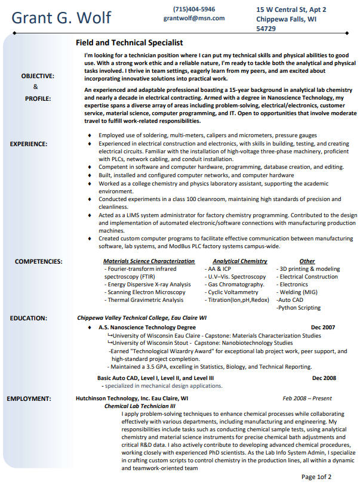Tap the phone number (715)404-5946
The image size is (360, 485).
click(194, 9)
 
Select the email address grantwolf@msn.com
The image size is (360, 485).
click(194, 18)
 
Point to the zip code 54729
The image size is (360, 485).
click(266, 28)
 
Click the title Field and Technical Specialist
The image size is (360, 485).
click(129, 43)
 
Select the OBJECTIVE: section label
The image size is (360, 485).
click(38, 76)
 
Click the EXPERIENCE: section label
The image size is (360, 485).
click(29, 144)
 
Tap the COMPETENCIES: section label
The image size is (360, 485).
click(38, 261)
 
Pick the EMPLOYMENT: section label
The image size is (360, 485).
click(30, 398)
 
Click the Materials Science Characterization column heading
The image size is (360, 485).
click(149, 261)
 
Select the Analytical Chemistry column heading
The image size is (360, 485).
click(239, 261)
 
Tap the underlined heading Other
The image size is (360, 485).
click(307, 261)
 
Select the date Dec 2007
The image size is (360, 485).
click(323, 328)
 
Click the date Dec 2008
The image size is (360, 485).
click(324, 378)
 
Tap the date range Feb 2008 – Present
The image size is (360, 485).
click(307, 398)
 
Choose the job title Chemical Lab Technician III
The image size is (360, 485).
click(140, 406)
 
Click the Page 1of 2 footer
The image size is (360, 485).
click(316, 477)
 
